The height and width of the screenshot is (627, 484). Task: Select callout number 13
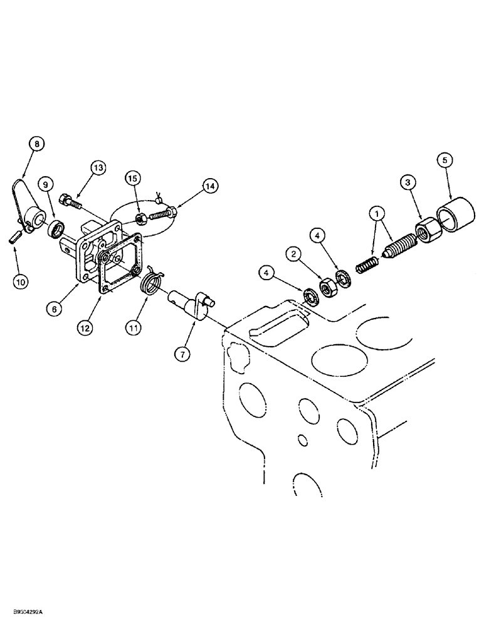pyautogui.click(x=98, y=167)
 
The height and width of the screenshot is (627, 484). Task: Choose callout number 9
pyautogui.click(x=45, y=185)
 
